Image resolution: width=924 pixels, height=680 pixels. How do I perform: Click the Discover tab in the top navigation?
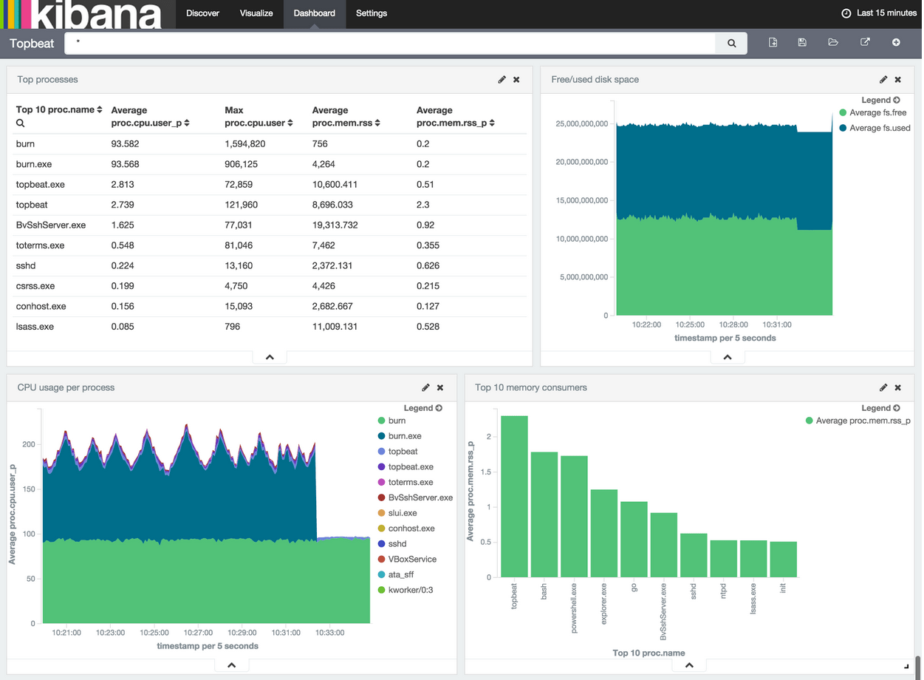click(x=202, y=13)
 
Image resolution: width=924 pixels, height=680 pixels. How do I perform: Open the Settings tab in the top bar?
click(x=371, y=13)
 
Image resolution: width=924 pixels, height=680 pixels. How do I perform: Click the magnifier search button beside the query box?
click(x=731, y=43)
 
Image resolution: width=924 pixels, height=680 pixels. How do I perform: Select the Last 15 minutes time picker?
click(x=880, y=13)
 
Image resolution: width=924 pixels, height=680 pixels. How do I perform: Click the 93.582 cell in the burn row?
click(x=125, y=144)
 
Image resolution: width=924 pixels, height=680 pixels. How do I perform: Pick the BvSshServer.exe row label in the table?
click(x=51, y=225)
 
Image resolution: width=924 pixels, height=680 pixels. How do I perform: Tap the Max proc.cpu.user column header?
click(x=259, y=117)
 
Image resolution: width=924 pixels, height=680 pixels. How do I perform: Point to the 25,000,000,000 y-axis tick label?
click(x=581, y=124)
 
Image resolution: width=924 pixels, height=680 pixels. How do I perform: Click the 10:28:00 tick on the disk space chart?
click(x=733, y=324)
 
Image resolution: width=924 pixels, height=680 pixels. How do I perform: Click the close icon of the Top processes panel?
click(x=516, y=80)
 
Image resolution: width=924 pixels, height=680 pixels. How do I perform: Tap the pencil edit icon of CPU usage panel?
click(x=425, y=388)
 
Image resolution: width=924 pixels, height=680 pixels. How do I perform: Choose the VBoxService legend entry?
click(x=411, y=560)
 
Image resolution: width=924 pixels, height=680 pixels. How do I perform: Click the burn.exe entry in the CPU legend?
click(x=404, y=436)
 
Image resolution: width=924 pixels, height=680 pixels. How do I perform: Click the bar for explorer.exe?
click(x=603, y=533)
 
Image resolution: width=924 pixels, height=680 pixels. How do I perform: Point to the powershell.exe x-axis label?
click(x=574, y=608)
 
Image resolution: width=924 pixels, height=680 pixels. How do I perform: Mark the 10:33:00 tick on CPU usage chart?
click(x=329, y=633)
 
